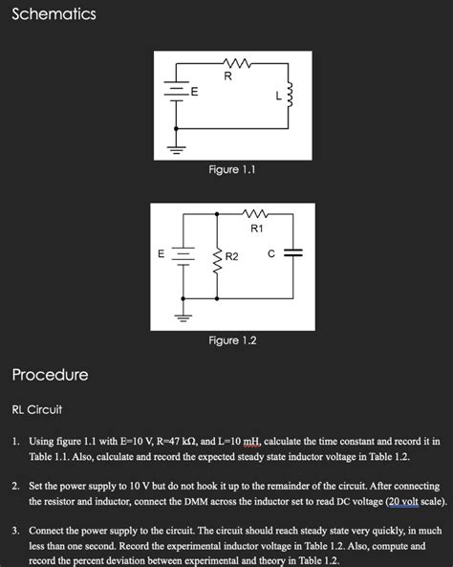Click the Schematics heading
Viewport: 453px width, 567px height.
tap(54, 15)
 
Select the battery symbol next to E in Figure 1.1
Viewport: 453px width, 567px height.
tap(177, 91)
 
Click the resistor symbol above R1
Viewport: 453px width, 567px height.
tap(255, 214)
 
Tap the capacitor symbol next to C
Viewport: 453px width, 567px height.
tap(293, 253)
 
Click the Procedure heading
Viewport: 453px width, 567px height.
tap(50, 374)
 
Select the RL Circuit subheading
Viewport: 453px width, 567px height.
tap(37, 410)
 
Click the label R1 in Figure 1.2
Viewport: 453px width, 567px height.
tap(256, 229)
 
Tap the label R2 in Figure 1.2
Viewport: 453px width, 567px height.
tap(233, 257)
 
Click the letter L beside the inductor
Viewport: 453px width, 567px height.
tap(277, 95)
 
